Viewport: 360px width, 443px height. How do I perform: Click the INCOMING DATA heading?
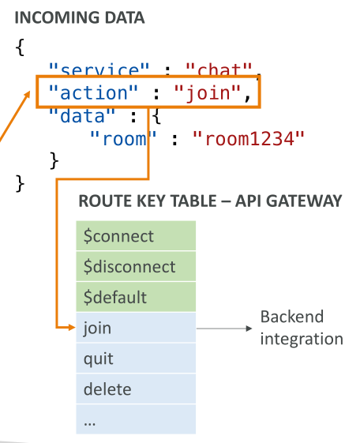(80, 18)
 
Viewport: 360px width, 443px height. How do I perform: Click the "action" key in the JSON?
(93, 92)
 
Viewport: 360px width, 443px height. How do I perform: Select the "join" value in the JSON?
(208, 92)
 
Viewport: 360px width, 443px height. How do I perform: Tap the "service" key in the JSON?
(99, 69)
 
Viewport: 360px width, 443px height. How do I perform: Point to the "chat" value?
(219, 69)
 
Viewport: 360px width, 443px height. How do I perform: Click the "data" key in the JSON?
(82, 116)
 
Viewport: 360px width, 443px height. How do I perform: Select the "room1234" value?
(249, 139)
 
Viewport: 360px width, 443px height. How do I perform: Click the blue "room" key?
(123, 139)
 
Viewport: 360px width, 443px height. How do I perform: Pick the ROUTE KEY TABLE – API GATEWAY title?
(210, 201)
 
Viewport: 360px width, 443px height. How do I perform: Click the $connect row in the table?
(136, 236)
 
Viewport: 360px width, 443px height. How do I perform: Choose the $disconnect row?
(136, 266)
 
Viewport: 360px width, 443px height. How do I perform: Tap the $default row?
(136, 297)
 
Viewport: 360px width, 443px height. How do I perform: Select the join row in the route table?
(136, 328)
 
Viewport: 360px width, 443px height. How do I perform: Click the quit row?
(136, 359)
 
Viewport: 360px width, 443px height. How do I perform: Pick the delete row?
(136, 389)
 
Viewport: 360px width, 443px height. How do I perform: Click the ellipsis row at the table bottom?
(136, 419)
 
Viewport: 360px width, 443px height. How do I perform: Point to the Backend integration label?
(302, 328)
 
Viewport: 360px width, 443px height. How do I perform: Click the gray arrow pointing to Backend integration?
(224, 328)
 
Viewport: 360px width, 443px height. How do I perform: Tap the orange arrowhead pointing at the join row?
(72, 328)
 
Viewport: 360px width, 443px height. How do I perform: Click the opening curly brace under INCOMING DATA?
(20, 47)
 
